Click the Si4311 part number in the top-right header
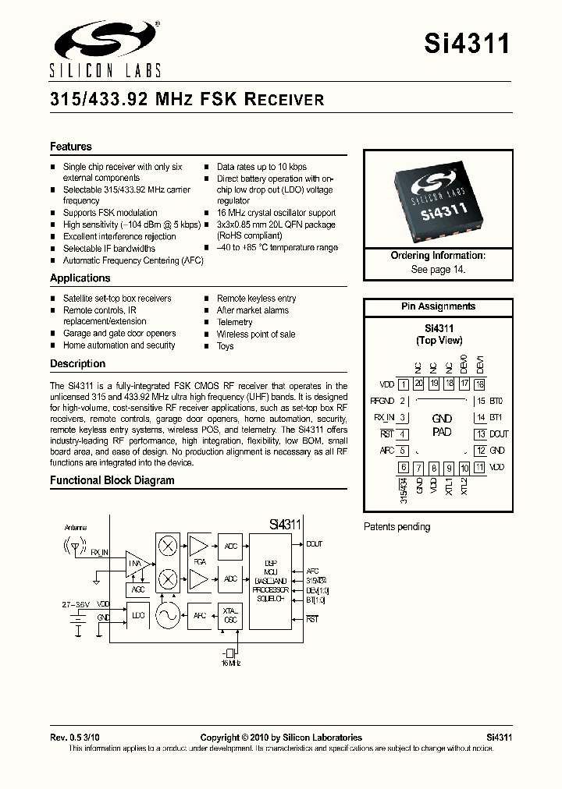pos(467,43)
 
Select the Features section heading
pos(71,147)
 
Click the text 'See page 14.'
pos(438,269)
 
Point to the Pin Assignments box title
pos(438,306)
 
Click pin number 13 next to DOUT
pos(481,434)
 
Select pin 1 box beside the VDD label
pos(403,384)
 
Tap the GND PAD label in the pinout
pos(442,425)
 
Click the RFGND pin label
pos(382,402)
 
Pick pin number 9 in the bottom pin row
pos(449,469)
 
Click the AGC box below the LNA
pos(138,590)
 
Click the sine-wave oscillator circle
pos(167,616)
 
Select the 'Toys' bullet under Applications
pos(225,345)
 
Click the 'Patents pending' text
pos(397,527)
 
